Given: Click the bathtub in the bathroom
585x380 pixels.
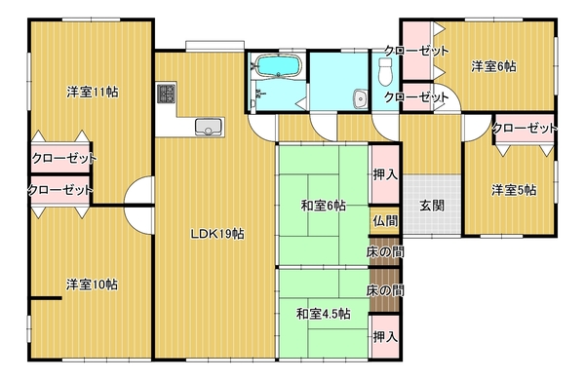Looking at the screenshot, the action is (278, 66).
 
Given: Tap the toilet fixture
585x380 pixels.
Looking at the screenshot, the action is (385, 71).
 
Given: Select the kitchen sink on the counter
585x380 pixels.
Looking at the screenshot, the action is (210, 127).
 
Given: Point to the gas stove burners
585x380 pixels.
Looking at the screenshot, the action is (167, 94).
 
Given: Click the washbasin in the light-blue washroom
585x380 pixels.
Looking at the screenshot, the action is (361, 98).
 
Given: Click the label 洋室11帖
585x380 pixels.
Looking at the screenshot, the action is (93, 92).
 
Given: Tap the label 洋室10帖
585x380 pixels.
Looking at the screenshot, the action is (92, 285).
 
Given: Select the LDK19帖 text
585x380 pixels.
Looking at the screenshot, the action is (217, 234).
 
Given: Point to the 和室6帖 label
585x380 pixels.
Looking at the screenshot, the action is (323, 206).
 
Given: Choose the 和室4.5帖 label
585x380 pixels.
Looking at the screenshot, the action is (323, 314).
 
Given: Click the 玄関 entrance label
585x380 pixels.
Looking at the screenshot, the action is (432, 206).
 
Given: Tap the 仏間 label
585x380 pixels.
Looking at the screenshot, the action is (385, 221).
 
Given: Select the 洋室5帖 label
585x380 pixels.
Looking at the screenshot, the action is (514, 190).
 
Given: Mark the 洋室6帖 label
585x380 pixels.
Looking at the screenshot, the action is (493, 66).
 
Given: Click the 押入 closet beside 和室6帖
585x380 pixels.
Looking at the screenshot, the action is (385, 174).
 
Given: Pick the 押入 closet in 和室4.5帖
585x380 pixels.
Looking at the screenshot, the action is (385, 337).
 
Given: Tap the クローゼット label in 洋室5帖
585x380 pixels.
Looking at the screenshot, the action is (525, 129).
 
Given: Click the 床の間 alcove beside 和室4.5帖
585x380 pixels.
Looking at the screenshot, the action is (385, 290).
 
